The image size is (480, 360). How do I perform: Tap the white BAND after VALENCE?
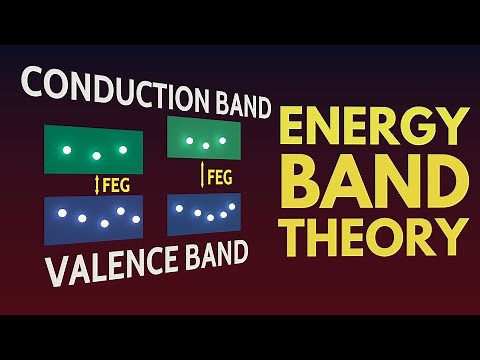pyautogui.click(x=209, y=254)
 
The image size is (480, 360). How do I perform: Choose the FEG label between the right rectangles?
pyautogui.click(x=220, y=178)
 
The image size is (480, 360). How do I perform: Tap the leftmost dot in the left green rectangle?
pyautogui.click(x=66, y=150)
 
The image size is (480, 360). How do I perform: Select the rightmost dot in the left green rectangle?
pyautogui.click(x=123, y=150)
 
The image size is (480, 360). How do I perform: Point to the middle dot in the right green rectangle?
pyautogui.click(x=205, y=146)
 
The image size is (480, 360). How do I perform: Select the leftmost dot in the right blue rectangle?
pyautogui.click(x=181, y=210)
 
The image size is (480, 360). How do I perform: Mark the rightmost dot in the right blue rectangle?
pyautogui.click(x=232, y=207)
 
